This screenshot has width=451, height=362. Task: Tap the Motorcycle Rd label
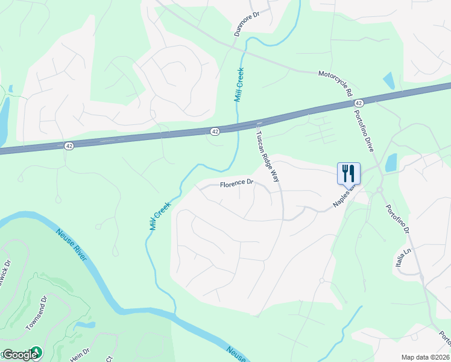335,83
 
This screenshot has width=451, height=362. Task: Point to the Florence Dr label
236,183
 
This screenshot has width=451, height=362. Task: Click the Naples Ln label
344,198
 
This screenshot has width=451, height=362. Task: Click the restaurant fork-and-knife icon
348,173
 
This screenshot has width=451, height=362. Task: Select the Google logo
22,354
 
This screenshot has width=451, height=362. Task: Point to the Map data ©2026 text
425,357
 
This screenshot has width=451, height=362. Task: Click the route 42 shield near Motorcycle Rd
358,103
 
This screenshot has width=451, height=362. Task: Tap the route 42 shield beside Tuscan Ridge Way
215,131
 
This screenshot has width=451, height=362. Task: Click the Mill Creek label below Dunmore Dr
239,84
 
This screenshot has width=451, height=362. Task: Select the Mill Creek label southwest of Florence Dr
160,215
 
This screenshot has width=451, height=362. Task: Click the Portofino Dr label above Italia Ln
397,221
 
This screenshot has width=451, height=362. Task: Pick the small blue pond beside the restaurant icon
391,162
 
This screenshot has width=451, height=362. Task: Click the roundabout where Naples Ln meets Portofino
380,190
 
